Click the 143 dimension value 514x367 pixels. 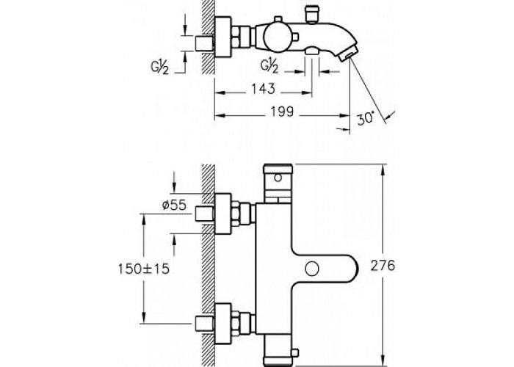[x=263, y=89]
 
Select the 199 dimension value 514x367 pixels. [x=282, y=112]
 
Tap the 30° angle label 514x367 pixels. [x=365, y=118]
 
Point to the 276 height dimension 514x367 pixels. [x=383, y=266]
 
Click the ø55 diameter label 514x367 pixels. [x=174, y=205]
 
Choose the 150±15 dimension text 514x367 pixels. [x=144, y=269]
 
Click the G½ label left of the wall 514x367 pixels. [x=159, y=68]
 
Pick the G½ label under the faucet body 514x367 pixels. [x=269, y=66]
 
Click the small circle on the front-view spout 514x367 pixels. [x=312, y=269]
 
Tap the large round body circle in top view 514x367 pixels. [x=278, y=37]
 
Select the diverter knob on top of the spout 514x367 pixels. [x=311, y=15]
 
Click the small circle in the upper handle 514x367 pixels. [x=278, y=178]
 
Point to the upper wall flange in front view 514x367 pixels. [x=223, y=214]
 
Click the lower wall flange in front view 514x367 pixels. [x=223, y=324]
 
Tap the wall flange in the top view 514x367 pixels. [x=223, y=37]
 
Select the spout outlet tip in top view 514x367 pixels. [x=347, y=53]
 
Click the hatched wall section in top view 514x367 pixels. [x=208, y=37]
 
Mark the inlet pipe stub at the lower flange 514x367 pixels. [x=204, y=324]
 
